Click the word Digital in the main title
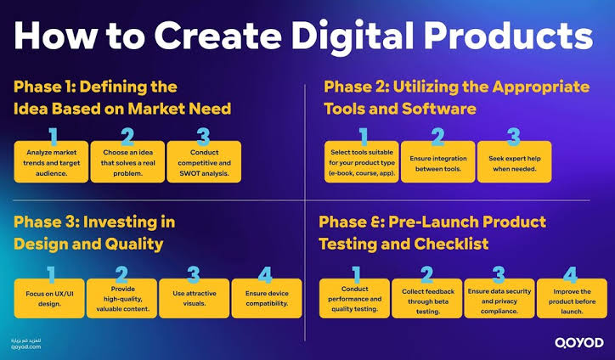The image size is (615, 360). tap(353, 37)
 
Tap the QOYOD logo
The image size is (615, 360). tap(579, 343)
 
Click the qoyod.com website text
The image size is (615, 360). tap(25, 346)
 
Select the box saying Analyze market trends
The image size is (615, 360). tap(51, 162)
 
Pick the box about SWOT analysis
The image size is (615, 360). tap(204, 162)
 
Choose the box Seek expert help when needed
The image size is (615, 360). tap(514, 162)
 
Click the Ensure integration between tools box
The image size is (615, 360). tap(438, 162)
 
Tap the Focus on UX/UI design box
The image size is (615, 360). tap(49, 298)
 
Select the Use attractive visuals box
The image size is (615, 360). tap(195, 298)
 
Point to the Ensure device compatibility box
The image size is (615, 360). tap(267, 298)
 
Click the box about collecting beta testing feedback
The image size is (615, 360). tap(426, 298)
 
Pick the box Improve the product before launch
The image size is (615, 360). tap(572, 298)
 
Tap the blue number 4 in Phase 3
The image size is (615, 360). tap(265, 275)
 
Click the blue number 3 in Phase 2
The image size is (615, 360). tap(514, 137)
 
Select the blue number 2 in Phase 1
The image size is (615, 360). tap(127, 137)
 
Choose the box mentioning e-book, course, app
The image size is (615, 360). tap(362, 162)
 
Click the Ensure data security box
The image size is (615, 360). tap(499, 298)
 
